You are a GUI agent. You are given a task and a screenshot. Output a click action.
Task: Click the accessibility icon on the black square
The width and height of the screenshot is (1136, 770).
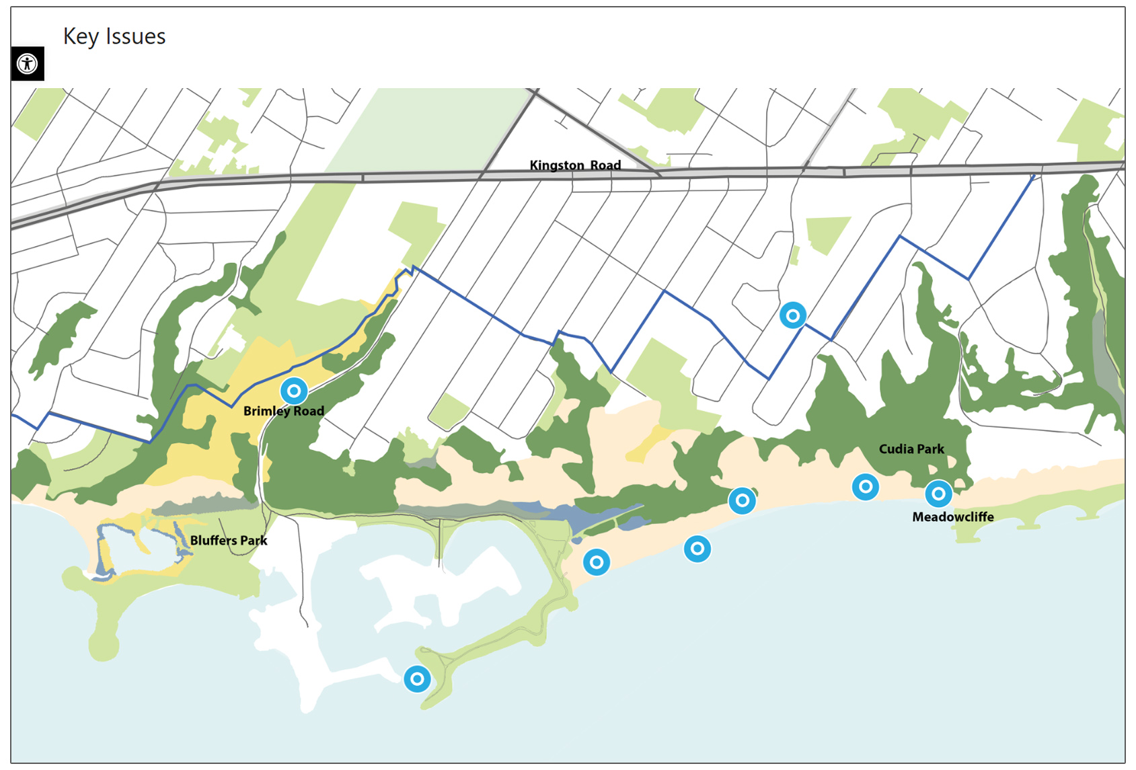28,64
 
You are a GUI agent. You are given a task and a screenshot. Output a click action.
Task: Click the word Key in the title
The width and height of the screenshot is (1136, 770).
81,37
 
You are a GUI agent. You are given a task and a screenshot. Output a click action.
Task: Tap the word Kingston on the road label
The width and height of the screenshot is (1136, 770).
557,165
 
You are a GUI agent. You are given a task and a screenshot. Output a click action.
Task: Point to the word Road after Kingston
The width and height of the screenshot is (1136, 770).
605,165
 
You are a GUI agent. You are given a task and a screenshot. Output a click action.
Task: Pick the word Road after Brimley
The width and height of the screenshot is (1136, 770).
309,411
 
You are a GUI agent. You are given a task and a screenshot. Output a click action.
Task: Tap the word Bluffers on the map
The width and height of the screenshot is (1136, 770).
213,541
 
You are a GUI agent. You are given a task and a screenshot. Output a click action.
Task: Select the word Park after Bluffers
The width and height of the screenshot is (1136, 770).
254,541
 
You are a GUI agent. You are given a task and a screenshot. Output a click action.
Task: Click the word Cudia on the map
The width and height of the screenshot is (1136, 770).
896,449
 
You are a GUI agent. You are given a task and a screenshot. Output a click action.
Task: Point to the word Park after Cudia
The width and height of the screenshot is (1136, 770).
931,449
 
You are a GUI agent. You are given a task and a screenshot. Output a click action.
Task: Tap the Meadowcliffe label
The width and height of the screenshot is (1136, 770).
952,517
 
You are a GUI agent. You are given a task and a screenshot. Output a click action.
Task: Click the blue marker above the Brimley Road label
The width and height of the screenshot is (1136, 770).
294,391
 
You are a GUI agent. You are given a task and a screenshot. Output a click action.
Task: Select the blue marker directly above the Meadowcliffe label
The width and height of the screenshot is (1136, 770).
938,494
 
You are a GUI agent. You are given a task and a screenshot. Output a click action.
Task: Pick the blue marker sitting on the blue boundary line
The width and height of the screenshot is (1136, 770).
793,315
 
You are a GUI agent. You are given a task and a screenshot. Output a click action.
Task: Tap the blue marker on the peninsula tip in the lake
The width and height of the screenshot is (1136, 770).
417,679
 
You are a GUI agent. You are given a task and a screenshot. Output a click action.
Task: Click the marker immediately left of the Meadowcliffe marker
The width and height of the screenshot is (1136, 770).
866,486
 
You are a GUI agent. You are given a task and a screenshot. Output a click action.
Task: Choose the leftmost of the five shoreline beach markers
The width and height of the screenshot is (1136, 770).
597,562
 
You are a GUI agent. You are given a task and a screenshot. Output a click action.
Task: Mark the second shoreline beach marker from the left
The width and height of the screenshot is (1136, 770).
697,549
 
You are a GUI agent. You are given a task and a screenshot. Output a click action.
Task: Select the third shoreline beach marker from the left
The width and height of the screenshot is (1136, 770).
742,500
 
